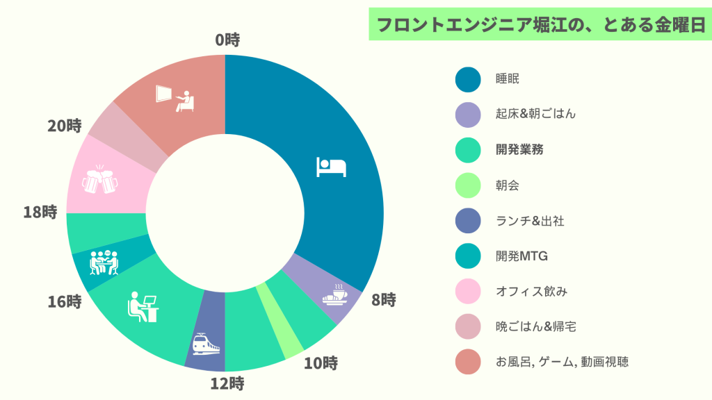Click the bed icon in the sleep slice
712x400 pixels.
point(331,167)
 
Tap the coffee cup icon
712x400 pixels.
point(334,295)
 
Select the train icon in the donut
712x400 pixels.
point(206,343)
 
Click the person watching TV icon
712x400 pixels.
point(175,98)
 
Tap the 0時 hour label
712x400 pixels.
point(227,40)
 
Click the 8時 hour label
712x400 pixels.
point(383,300)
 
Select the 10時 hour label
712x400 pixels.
point(321,363)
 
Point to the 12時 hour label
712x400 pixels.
point(228,383)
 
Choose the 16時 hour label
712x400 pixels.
point(65,302)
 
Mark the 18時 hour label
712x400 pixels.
point(40,212)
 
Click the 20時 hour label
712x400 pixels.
point(65,126)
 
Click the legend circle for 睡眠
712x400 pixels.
point(468,79)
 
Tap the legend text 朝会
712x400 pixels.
point(507,185)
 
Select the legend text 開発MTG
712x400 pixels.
point(521,256)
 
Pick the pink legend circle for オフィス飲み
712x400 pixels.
point(468,292)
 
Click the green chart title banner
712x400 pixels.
point(537,26)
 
